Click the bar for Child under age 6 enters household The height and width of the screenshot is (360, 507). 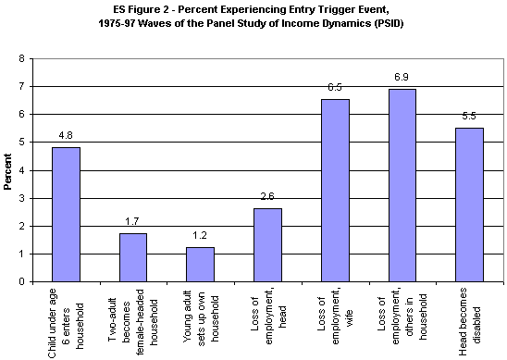pyautogui.click(x=66, y=215)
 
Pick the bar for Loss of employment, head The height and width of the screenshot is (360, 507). pyautogui.click(x=267, y=245)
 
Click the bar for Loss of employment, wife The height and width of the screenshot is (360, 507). pyautogui.click(x=334, y=191)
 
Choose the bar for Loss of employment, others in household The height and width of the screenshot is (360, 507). pyautogui.click(x=402, y=185)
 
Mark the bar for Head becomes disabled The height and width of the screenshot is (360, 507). pyautogui.click(x=469, y=205)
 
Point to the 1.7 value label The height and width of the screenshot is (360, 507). pyautogui.click(x=133, y=223)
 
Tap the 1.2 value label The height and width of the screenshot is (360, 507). pyautogui.click(x=200, y=237)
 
